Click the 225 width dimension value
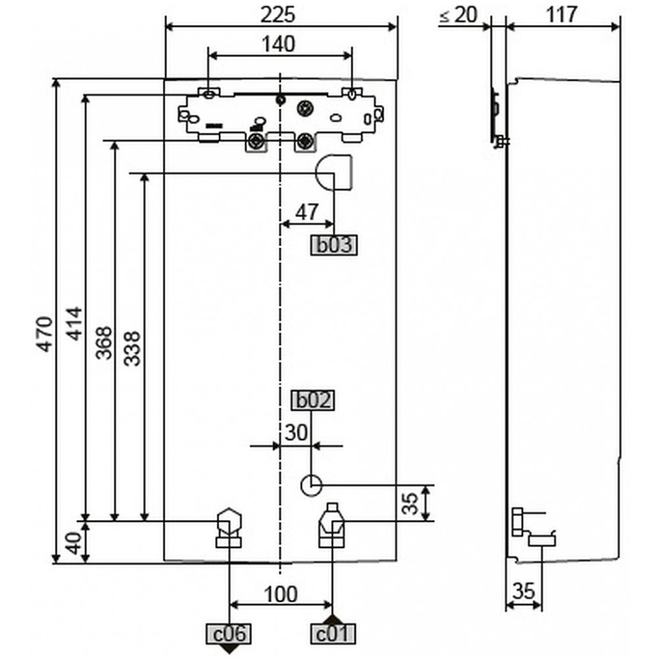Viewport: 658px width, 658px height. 278,15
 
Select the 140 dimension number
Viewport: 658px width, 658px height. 278,44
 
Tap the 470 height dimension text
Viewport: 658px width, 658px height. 45,334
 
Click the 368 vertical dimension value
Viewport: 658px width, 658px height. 104,343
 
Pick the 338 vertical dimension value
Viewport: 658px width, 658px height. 132,348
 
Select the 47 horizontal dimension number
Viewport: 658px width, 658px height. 307,213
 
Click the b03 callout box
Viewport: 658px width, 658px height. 334,245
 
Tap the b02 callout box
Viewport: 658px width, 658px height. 313,401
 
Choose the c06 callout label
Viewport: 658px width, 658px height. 229,634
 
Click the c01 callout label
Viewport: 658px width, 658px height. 333,634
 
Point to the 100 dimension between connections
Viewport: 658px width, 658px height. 281,594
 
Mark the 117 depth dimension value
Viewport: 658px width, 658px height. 562,15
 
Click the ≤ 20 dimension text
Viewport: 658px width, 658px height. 459,15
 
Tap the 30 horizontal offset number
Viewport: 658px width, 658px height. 296,432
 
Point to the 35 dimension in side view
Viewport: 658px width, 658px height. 524,592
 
